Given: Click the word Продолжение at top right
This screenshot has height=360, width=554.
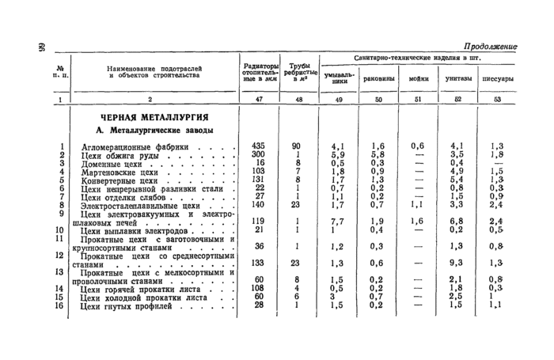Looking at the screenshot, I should [x=490, y=47].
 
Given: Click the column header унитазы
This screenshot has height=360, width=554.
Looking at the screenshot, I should [x=459, y=79].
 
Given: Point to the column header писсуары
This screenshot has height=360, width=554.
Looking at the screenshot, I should [x=497, y=79].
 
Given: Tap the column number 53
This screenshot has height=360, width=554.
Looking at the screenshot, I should [x=497, y=100].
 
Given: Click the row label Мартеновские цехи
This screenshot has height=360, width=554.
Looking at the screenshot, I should [x=121, y=172].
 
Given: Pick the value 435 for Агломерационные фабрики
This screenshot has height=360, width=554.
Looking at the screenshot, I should [x=257, y=146].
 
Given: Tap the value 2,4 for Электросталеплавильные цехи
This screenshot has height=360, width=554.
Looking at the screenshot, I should [x=497, y=205].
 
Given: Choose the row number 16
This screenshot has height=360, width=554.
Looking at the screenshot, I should [x=59, y=305].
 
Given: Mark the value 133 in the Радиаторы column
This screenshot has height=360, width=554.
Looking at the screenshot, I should [x=257, y=263].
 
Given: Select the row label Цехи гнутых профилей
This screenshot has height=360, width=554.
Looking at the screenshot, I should [x=127, y=305].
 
